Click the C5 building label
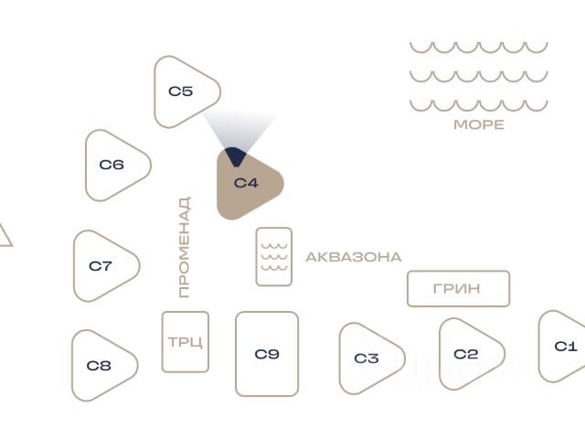[181, 91]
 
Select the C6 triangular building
[113, 166]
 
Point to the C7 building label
[101, 266]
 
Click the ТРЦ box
[186, 343]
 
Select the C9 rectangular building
[267, 354]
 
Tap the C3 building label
[367, 359]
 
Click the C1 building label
[567, 347]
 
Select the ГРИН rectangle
[458, 289]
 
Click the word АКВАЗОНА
[353, 258]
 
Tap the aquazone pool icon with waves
[274, 257]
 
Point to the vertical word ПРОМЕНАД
[185, 247]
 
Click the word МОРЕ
[479, 125]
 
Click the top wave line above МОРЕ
[478, 47]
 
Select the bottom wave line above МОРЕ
[478, 105]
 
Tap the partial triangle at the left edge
[4, 237]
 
